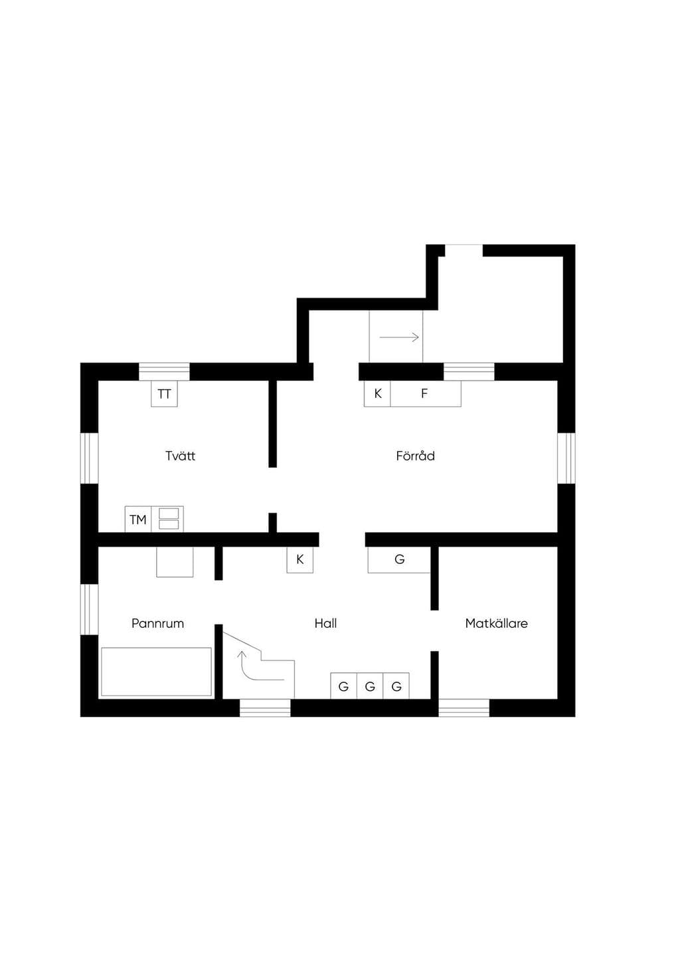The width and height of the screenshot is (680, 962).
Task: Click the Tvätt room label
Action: (x=181, y=456)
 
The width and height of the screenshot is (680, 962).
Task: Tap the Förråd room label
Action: (x=415, y=456)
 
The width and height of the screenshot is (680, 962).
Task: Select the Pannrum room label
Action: (x=157, y=623)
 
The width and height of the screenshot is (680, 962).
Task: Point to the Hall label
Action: (x=325, y=623)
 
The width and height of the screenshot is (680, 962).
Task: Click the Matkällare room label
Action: (x=496, y=623)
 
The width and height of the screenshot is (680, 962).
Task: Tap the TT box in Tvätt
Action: (x=164, y=393)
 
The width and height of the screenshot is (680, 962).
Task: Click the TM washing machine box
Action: (x=138, y=520)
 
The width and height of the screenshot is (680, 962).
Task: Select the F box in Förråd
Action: (x=426, y=393)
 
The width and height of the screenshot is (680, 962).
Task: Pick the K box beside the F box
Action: (x=377, y=393)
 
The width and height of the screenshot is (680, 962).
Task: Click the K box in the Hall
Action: (x=299, y=559)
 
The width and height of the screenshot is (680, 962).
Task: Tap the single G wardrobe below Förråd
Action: (x=399, y=559)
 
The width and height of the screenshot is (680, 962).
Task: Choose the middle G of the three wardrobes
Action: (x=370, y=686)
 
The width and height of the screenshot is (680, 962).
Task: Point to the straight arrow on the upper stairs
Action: (x=399, y=337)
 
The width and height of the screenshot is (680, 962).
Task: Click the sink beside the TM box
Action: (x=167, y=520)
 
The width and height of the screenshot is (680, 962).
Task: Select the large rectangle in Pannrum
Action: (x=156, y=672)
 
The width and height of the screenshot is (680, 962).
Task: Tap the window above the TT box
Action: (x=164, y=371)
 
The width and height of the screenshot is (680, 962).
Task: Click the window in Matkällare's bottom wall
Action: (x=464, y=708)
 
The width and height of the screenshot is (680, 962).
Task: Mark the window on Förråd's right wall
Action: (x=566, y=458)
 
